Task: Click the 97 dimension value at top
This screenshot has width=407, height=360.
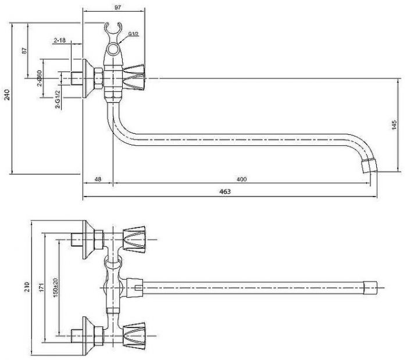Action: coord(117,7)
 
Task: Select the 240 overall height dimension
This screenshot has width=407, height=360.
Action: coord(7,94)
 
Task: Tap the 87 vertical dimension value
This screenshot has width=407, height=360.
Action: coord(24,51)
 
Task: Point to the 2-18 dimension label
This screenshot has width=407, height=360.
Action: coord(59,40)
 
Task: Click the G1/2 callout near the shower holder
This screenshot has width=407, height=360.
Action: coord(134,34)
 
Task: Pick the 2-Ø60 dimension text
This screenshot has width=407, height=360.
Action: coord(40,78)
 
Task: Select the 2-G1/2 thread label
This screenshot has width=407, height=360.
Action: coord(58,99)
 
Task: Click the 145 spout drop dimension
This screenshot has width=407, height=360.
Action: coord(394,125)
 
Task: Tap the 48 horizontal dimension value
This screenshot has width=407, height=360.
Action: coord(98,179)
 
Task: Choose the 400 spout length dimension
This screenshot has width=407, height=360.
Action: coord(242,179)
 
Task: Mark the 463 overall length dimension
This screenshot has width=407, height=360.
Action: coord(225,191)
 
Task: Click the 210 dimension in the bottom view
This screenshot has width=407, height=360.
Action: coord(27,287)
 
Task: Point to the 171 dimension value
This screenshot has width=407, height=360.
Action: coord(42,287)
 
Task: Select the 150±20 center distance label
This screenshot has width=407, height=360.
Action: coord(55,287)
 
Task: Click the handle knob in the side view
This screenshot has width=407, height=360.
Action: coord(133,77)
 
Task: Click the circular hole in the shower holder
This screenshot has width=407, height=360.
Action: coord(113,49)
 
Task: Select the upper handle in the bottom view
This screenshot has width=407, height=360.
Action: coord(133,239)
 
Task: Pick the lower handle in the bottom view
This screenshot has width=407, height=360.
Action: coord(133,336)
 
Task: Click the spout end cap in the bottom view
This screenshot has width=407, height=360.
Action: coord(370,288)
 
